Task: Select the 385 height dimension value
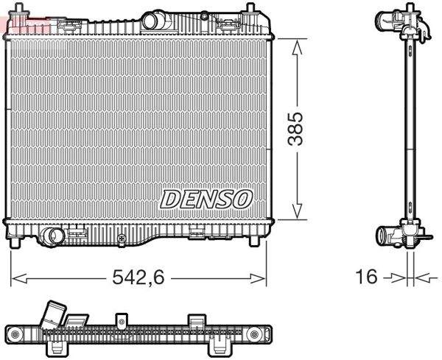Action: coord(296,130)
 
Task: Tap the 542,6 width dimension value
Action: coord(137,278)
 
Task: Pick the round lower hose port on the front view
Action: coord(52,236)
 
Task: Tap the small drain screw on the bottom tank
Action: coord(121,239)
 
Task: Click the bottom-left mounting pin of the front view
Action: coord(17,241)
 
